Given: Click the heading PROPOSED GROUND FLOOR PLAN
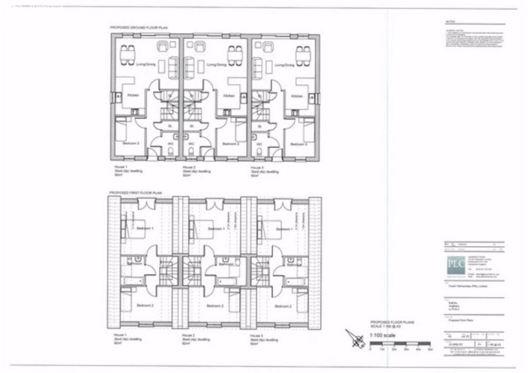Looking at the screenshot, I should click(139, 27).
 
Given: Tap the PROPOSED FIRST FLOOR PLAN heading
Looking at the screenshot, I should click(136, 193).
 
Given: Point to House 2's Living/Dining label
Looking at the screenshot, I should click(217, 65).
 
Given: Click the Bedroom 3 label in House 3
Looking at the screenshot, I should click(298, 144).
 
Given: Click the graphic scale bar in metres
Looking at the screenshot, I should click(400, 344).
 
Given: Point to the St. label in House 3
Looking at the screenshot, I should click(259, 126).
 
